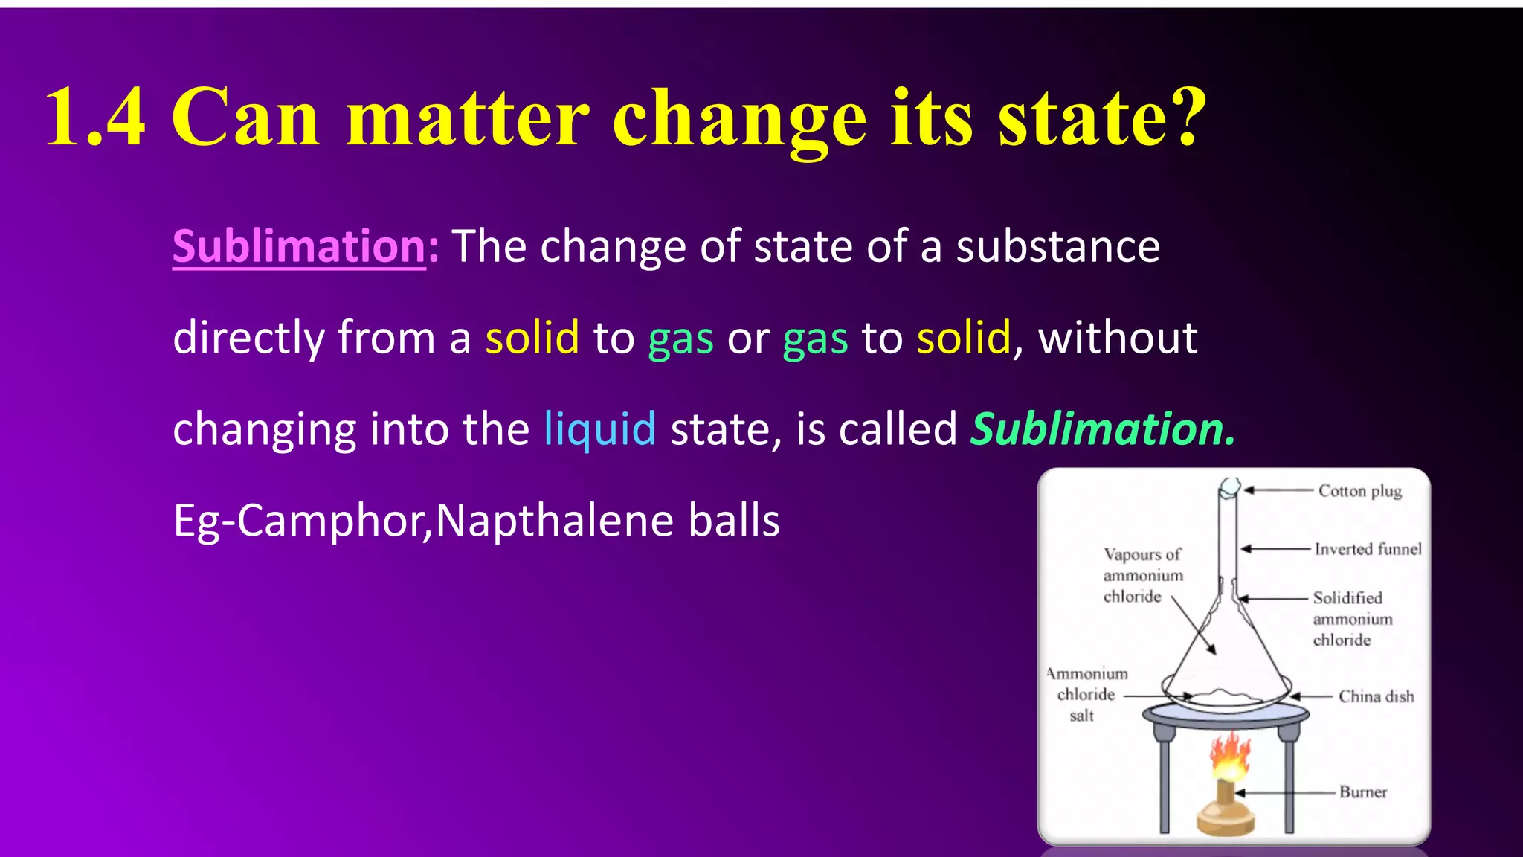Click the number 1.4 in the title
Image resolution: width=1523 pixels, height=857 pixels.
pos(95,117)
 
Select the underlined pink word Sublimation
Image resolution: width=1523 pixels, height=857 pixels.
pos(299,246)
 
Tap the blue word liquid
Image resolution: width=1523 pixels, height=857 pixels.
pos(599,429)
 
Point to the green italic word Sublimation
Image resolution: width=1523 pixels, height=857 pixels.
pos(1103,429)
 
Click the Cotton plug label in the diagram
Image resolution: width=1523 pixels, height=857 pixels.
pos(1360,491)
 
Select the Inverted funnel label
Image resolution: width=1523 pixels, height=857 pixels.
pos(1368,549)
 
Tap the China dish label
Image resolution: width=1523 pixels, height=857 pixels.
pos(1377,696)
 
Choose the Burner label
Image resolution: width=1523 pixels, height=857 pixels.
pos(1363,792)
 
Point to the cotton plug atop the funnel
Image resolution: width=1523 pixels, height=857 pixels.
pos(1229,488)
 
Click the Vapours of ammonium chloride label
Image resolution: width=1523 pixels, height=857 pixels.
pos(1142,575)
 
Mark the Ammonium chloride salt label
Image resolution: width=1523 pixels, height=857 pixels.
pos(1087,694)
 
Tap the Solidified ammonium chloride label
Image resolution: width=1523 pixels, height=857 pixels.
pos(1352,619)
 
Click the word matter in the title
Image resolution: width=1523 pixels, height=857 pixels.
pos(468,117)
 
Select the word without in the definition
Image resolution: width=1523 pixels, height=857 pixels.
pos(1117,338)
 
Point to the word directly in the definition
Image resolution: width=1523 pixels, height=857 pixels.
pos(248,338)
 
